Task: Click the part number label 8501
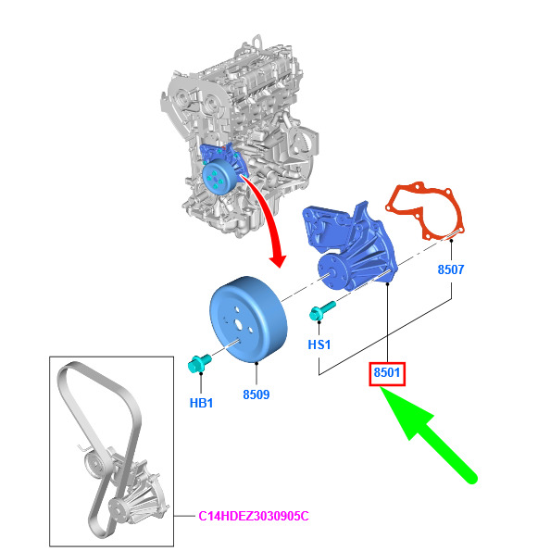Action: click(387, 372)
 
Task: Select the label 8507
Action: click(451, 269)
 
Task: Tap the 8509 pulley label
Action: click(256, 394)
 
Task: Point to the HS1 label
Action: click(319, 344)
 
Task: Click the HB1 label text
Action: click(201, 403)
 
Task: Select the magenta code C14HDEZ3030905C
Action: click(254, 516)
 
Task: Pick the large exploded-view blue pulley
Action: click(249, 319)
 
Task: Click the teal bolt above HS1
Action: click(322, 310)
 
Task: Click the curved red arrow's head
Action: click(279, 260)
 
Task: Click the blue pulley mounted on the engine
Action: click(219, 176)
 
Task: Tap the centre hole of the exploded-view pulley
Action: click(239, 324)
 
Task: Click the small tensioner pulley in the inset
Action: click(94, 464)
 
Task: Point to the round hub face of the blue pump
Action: click(331, 271)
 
